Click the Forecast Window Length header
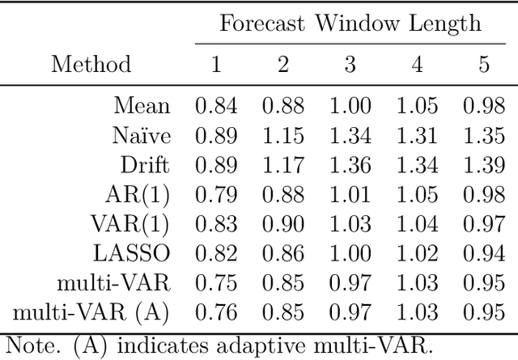pos(350,23)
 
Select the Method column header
pos(91,65)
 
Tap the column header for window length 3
pos(349,65)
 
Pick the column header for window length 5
pos(483,65)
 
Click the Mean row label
pos(142,106)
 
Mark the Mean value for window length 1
pos(215,106)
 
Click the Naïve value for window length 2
pos(282,136)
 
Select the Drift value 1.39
pos(483,166)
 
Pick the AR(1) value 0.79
pos(215,196)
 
